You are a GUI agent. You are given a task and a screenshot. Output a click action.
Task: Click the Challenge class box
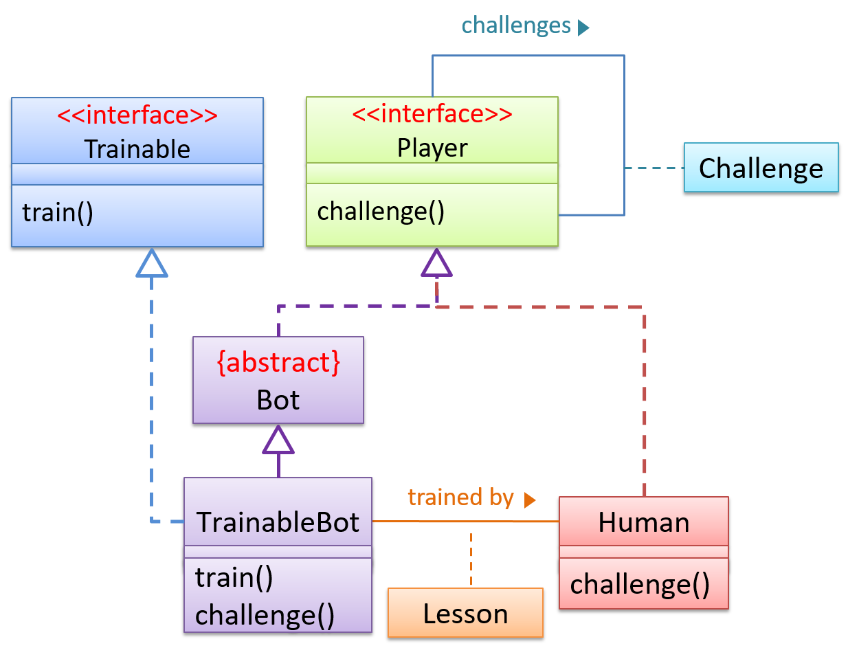point(761,168)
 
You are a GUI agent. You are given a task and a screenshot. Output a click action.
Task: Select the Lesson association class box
point(465,613)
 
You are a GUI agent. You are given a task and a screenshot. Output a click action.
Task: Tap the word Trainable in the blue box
point(137,148)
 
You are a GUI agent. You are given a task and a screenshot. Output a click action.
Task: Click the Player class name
point(432,148)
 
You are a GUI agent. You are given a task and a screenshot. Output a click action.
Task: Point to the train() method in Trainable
point(58,212)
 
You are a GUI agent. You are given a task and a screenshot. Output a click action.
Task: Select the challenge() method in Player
point(381,211)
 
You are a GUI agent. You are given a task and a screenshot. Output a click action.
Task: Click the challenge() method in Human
point(640,584)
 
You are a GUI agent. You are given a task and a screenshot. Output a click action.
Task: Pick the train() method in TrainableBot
point(234,577)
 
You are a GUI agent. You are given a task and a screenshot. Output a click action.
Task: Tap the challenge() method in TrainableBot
point(265,615)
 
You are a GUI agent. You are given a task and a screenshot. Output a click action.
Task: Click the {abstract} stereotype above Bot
point(278,362)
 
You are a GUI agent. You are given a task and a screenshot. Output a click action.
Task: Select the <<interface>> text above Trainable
point(137,115)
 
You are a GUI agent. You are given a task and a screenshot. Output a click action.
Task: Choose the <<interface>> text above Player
point(432,113)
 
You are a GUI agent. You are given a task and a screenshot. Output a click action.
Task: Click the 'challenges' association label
point(516,25)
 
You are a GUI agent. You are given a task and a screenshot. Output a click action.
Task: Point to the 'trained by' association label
point(460,497)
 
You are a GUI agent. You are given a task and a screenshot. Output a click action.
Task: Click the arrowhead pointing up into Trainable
point(152,264)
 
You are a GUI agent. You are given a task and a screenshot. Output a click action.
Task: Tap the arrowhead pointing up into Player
point(436,264)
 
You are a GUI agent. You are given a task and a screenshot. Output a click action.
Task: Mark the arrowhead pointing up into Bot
point(278,441)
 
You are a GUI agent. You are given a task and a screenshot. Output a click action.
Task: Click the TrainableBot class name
point(278,522)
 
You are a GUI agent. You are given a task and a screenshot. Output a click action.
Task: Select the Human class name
point(643,522)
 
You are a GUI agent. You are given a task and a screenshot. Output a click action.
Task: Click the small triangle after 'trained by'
point(529,500)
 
